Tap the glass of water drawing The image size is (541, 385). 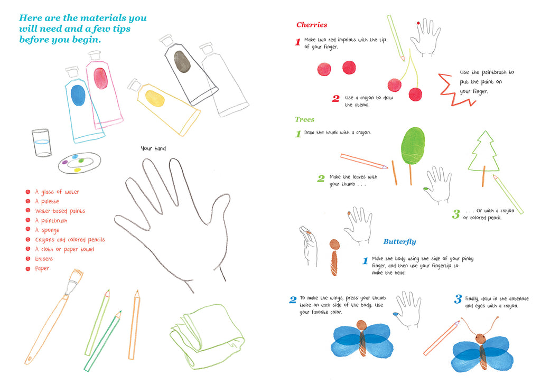42,143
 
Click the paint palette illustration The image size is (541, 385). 79,163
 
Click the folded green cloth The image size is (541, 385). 207,336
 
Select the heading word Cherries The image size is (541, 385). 312,25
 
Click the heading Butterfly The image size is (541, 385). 399,241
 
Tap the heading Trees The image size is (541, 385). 304,119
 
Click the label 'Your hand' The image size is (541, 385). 153,148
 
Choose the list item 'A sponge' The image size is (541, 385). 47,230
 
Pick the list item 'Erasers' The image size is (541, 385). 44,259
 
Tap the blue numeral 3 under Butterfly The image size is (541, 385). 458,299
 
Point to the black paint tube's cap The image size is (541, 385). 166,40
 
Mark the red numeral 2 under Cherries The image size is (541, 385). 335,98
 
